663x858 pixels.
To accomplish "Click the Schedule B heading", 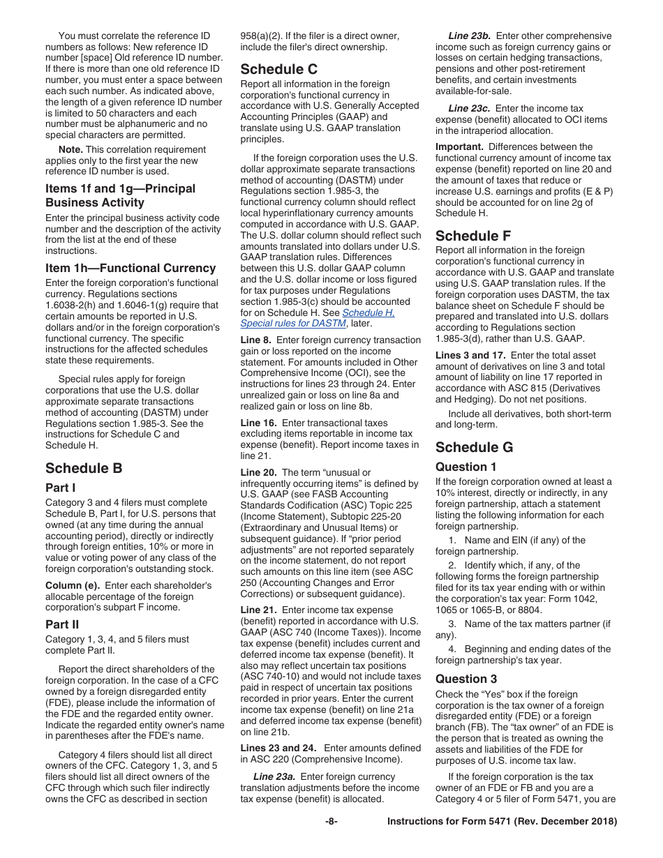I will coord(84,468).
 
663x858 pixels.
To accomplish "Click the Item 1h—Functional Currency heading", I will coord(131,269).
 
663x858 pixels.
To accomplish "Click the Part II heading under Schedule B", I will coord(62,625).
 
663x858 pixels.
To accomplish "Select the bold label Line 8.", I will coord(256,340).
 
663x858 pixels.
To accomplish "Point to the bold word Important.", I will coord(459,147).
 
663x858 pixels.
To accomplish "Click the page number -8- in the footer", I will coord(331,822).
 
